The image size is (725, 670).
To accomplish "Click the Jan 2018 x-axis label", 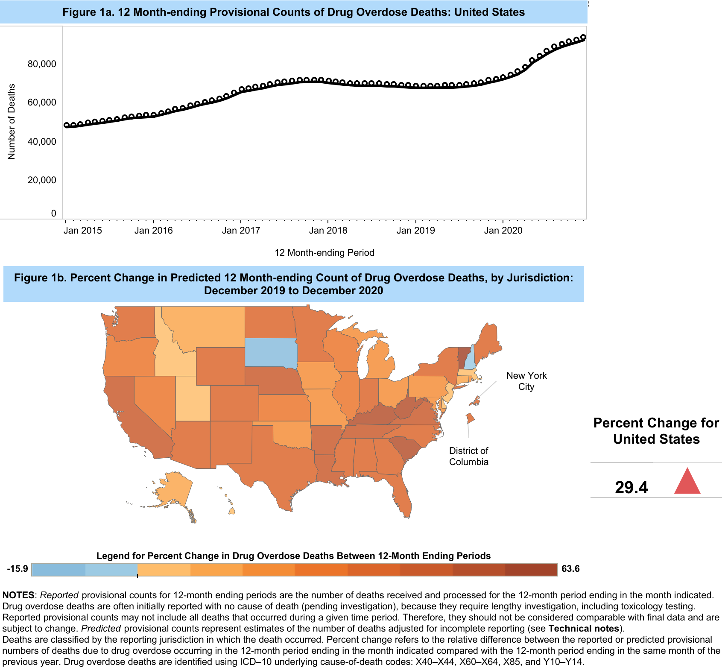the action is coord(328,231).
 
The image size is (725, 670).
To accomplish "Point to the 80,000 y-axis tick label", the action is coord(42,64).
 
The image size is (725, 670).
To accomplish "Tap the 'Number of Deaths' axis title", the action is coord(12,122).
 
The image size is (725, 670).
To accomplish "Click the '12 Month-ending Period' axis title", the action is coord(324,253).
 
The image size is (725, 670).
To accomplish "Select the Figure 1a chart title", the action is coord(294,12).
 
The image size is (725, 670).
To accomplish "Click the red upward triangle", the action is coord(687,482).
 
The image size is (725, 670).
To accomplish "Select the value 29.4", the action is coord(631,487).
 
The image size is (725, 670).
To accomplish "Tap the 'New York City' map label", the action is coord(526,381).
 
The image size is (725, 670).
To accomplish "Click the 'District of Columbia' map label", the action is coord(469,456).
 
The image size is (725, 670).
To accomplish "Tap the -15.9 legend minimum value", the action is coord(18,569).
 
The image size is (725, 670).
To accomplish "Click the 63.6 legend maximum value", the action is coord(570,569).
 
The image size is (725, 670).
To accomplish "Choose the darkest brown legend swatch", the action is coord(531,570).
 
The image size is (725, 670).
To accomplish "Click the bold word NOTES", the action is coord(18,595).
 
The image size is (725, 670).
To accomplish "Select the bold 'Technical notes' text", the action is coord(584,629).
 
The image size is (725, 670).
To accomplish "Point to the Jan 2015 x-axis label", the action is coord(83,231).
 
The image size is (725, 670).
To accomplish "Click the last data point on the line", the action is coord(583,38).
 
